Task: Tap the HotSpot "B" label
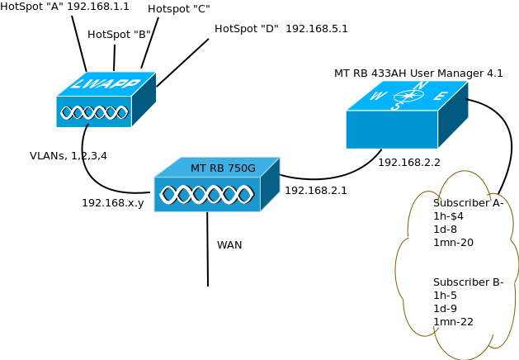[x=119, y=35]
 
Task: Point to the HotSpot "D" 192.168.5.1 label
[x=281, y=29]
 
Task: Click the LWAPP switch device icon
[x=105, y=100]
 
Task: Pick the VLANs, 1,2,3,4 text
[x=68, y=156]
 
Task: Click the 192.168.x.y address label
[x=112, y=203]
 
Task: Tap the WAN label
[x=229, y=245]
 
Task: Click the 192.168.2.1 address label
[x=316, y=191]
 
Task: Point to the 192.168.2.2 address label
[x=409, y=163]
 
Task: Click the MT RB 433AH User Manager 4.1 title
[x=418, y=73]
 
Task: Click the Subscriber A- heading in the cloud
[x=468, y=203]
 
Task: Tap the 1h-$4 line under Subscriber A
[x=449, y=216]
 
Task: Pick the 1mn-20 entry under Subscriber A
[x=453, y=243]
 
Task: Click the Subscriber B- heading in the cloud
[x=468, y=282]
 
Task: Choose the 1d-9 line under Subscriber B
[x=445, y=309]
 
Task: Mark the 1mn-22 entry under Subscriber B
[x=453, y=322]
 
